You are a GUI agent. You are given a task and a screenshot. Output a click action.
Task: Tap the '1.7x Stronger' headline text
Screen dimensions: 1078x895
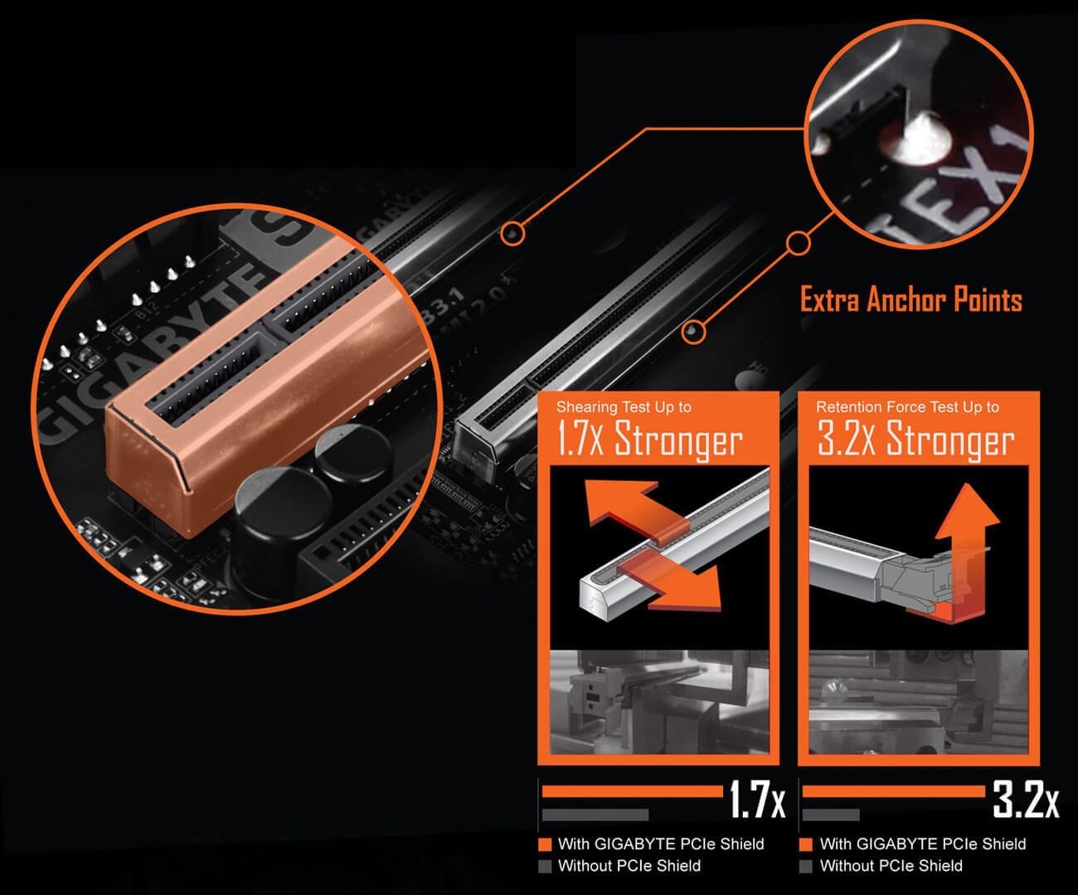click(x=650, y=440)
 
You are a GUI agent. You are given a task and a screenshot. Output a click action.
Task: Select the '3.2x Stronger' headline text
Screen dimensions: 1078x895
click(x=916, y=440)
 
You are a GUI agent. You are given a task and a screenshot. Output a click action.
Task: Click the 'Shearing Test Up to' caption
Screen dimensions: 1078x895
click(x=624, y=407)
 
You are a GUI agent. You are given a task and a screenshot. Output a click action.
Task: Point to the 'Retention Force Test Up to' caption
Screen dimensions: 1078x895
click(x=908, y=407)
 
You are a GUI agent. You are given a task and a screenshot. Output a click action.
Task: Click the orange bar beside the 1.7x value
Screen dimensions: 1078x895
click(x=633, y=791)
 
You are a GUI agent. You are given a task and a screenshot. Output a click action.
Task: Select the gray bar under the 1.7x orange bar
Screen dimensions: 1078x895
click(x=595, y=815)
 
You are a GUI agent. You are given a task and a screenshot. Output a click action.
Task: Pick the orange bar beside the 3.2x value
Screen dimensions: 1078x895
click(x=894, y=791)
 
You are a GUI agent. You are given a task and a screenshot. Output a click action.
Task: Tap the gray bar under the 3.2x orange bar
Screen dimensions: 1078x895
click(x=831, y=815)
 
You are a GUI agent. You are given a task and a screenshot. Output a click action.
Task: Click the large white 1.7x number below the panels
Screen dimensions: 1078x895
click(x=757, y=799)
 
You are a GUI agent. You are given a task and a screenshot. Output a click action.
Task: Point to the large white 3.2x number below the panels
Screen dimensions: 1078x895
click(x=1025, y=799)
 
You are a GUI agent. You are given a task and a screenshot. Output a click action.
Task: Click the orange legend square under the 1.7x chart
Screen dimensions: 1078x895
click(x=545, y=844)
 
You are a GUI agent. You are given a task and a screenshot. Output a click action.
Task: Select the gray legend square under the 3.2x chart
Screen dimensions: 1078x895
click(x=805, y=866)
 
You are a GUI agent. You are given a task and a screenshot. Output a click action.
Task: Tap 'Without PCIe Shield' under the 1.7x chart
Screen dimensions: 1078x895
click(x=629, y=866)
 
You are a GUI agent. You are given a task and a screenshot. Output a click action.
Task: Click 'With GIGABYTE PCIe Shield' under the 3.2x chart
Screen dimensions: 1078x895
click(x=923, y=844)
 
